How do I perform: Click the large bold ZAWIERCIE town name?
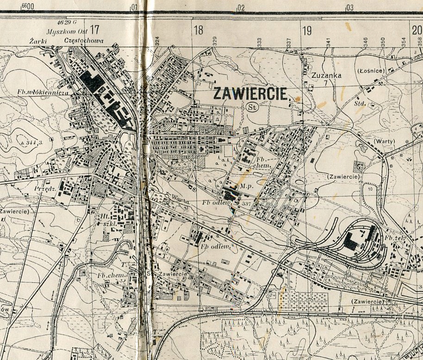pyautogui.click(x=251, y=93)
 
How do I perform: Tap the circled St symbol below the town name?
pyautogui.click(x=252, y=107)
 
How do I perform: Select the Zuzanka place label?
pyautogui.click(x=326, y=75)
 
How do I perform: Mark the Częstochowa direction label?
pyautogui.click(x=84, y=41)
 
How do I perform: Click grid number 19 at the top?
pyautogui.click(x=307, y=31)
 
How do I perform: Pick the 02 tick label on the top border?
pyautogui.click(x=240, y=7)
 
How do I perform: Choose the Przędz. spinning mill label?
pyautogui.click(x=44, y=189)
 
